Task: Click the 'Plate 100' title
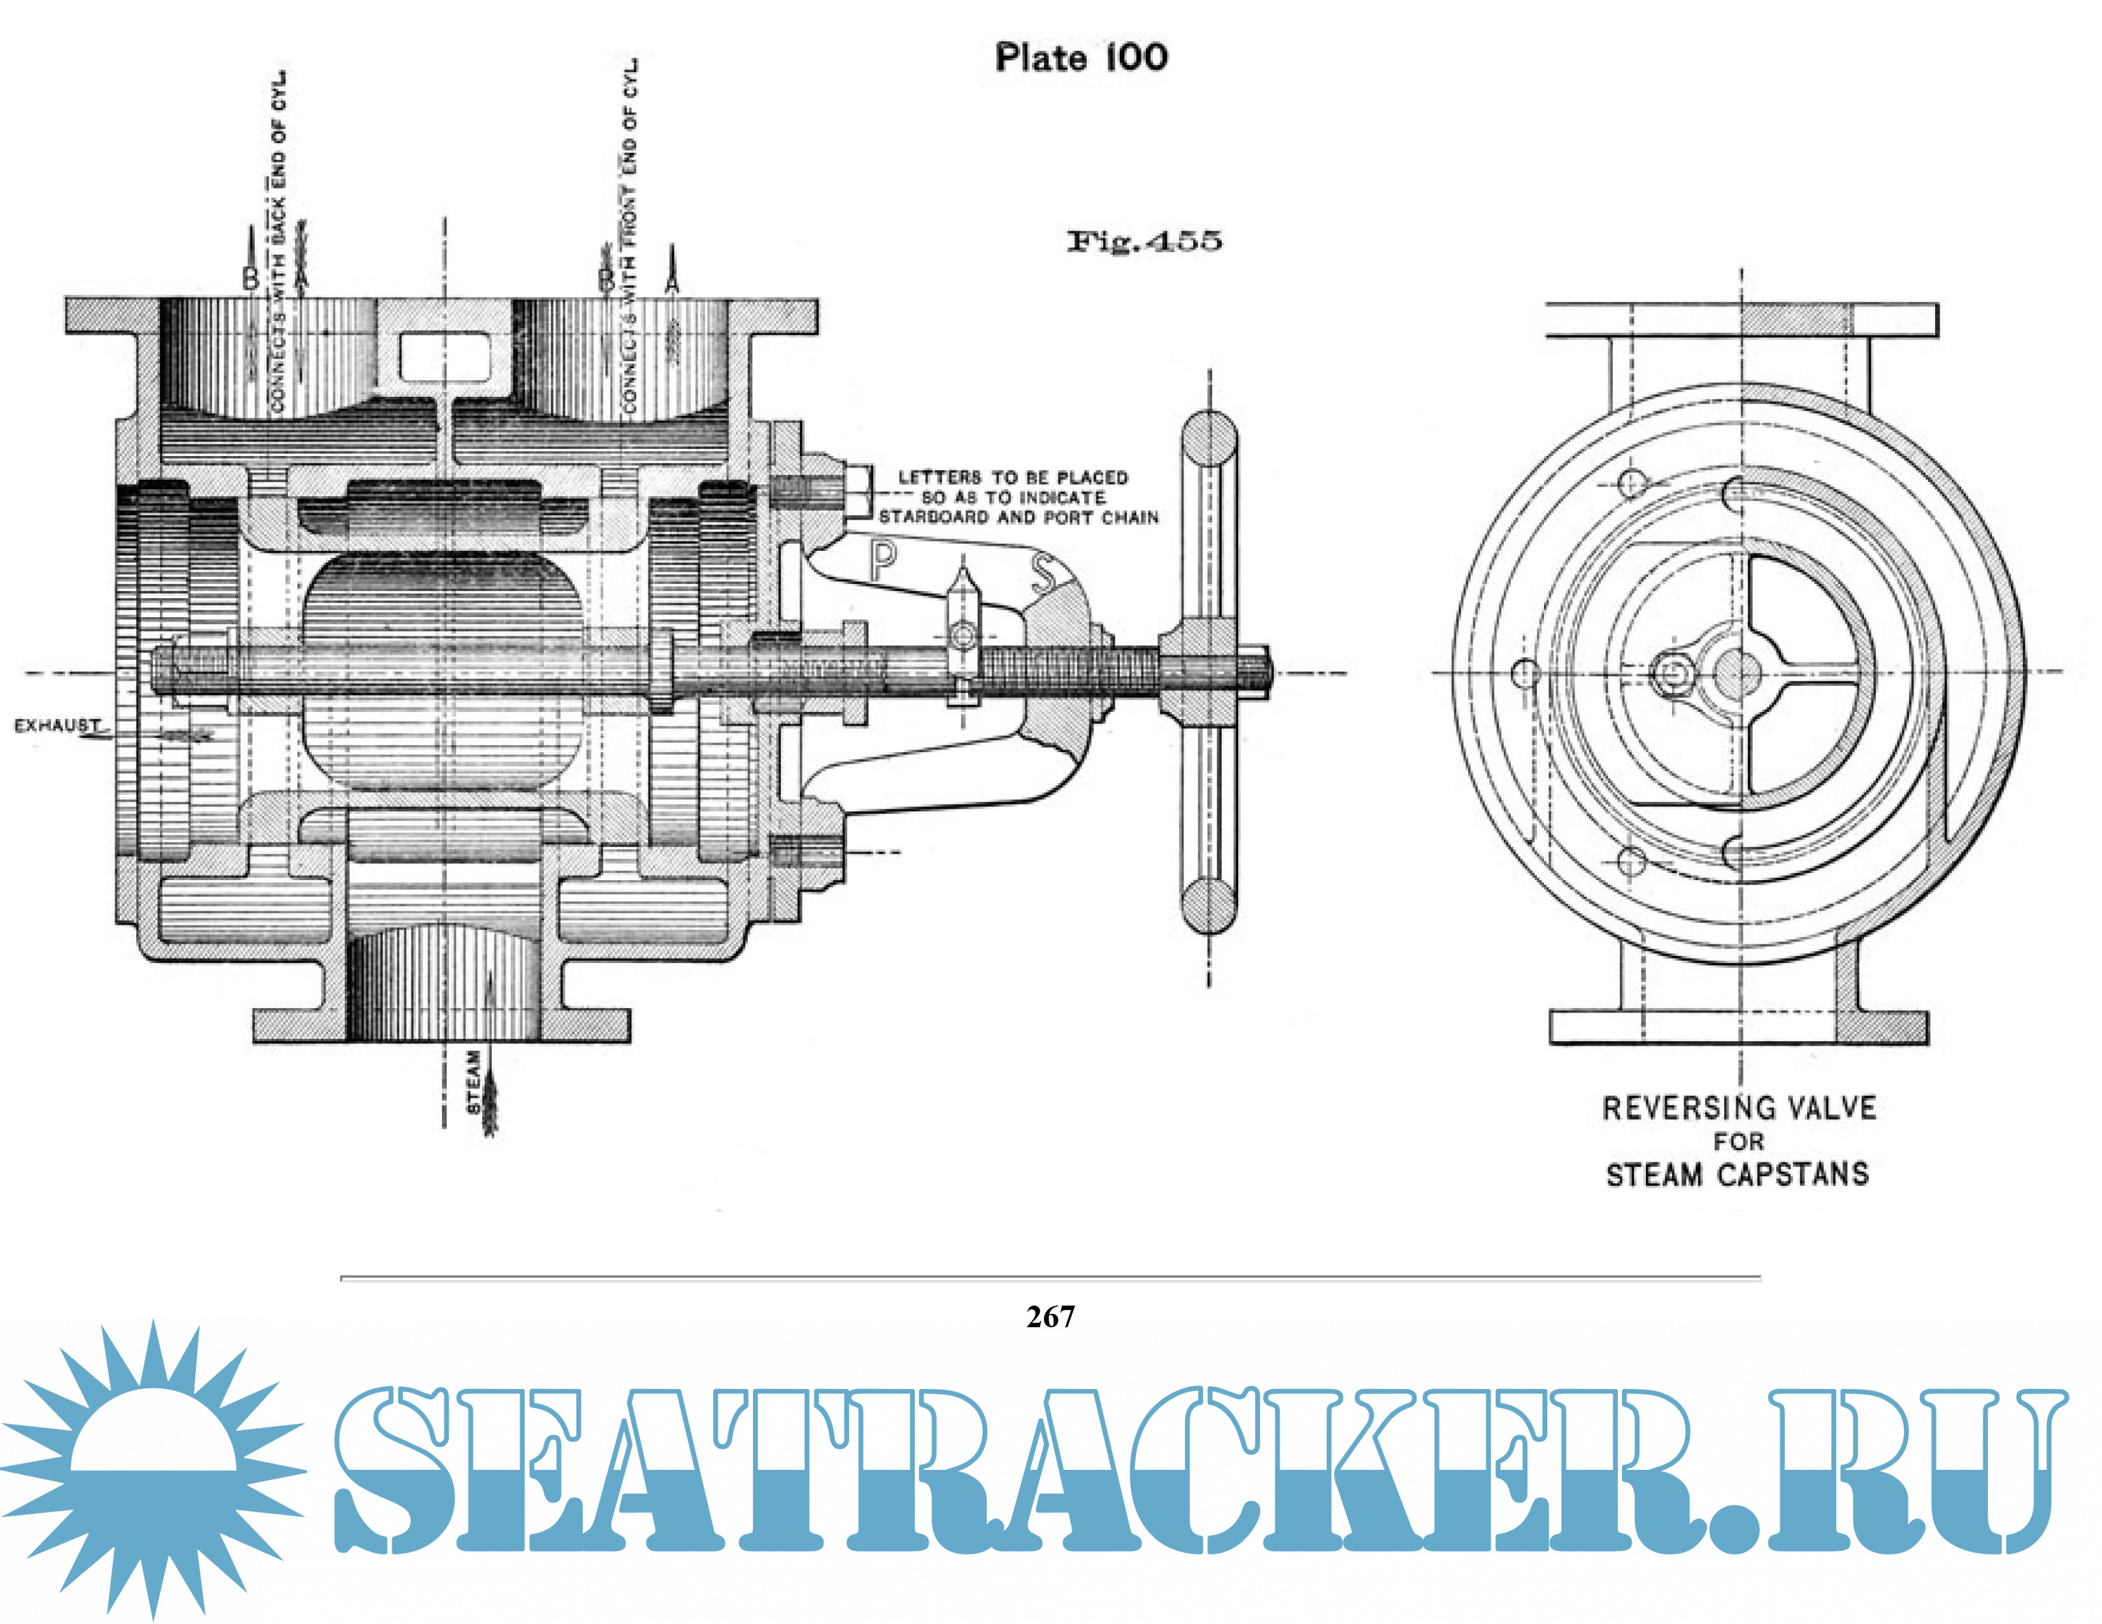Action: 1081,58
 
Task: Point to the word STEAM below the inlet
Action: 473,1082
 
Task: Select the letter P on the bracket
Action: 883,561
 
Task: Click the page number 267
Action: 1050,1317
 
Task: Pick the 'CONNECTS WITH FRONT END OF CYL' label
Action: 631,236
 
